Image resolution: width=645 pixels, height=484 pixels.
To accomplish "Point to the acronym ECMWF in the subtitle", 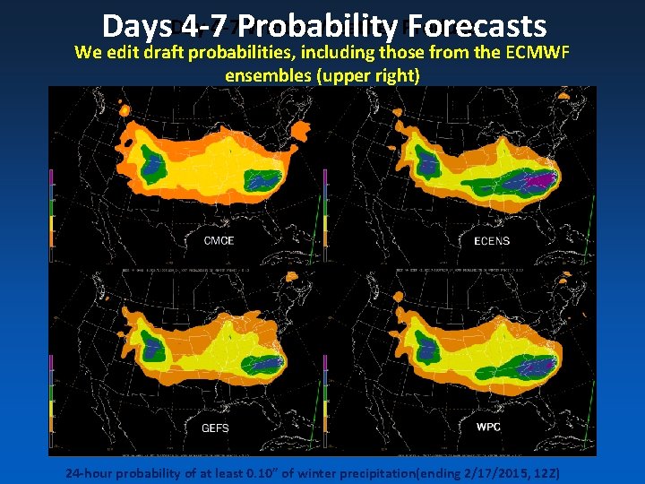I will coord(537,51).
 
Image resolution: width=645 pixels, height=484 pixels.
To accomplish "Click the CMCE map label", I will coord(219,240).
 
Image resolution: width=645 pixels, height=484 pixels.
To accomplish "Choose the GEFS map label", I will coord(215,428).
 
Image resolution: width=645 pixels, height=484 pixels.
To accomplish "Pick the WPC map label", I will coord(489,426).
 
